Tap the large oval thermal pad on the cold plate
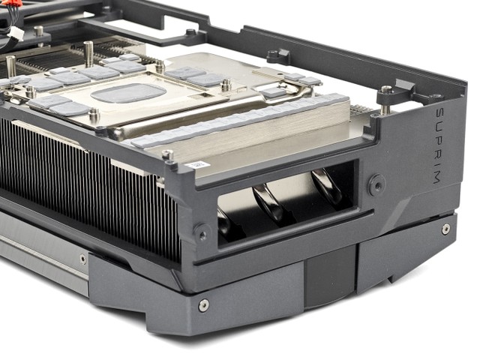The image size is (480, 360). pyautogui.click(x=128, y=93)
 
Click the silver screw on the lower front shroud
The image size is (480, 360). pyautogui.click(x=204, y=305)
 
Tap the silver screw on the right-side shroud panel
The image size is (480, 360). pyautogui.click(x=446, y=229)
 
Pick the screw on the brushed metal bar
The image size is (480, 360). pyautogui.click(x=83, y=259)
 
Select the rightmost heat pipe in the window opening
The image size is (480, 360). pyautogui.click(x=325, y=186)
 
